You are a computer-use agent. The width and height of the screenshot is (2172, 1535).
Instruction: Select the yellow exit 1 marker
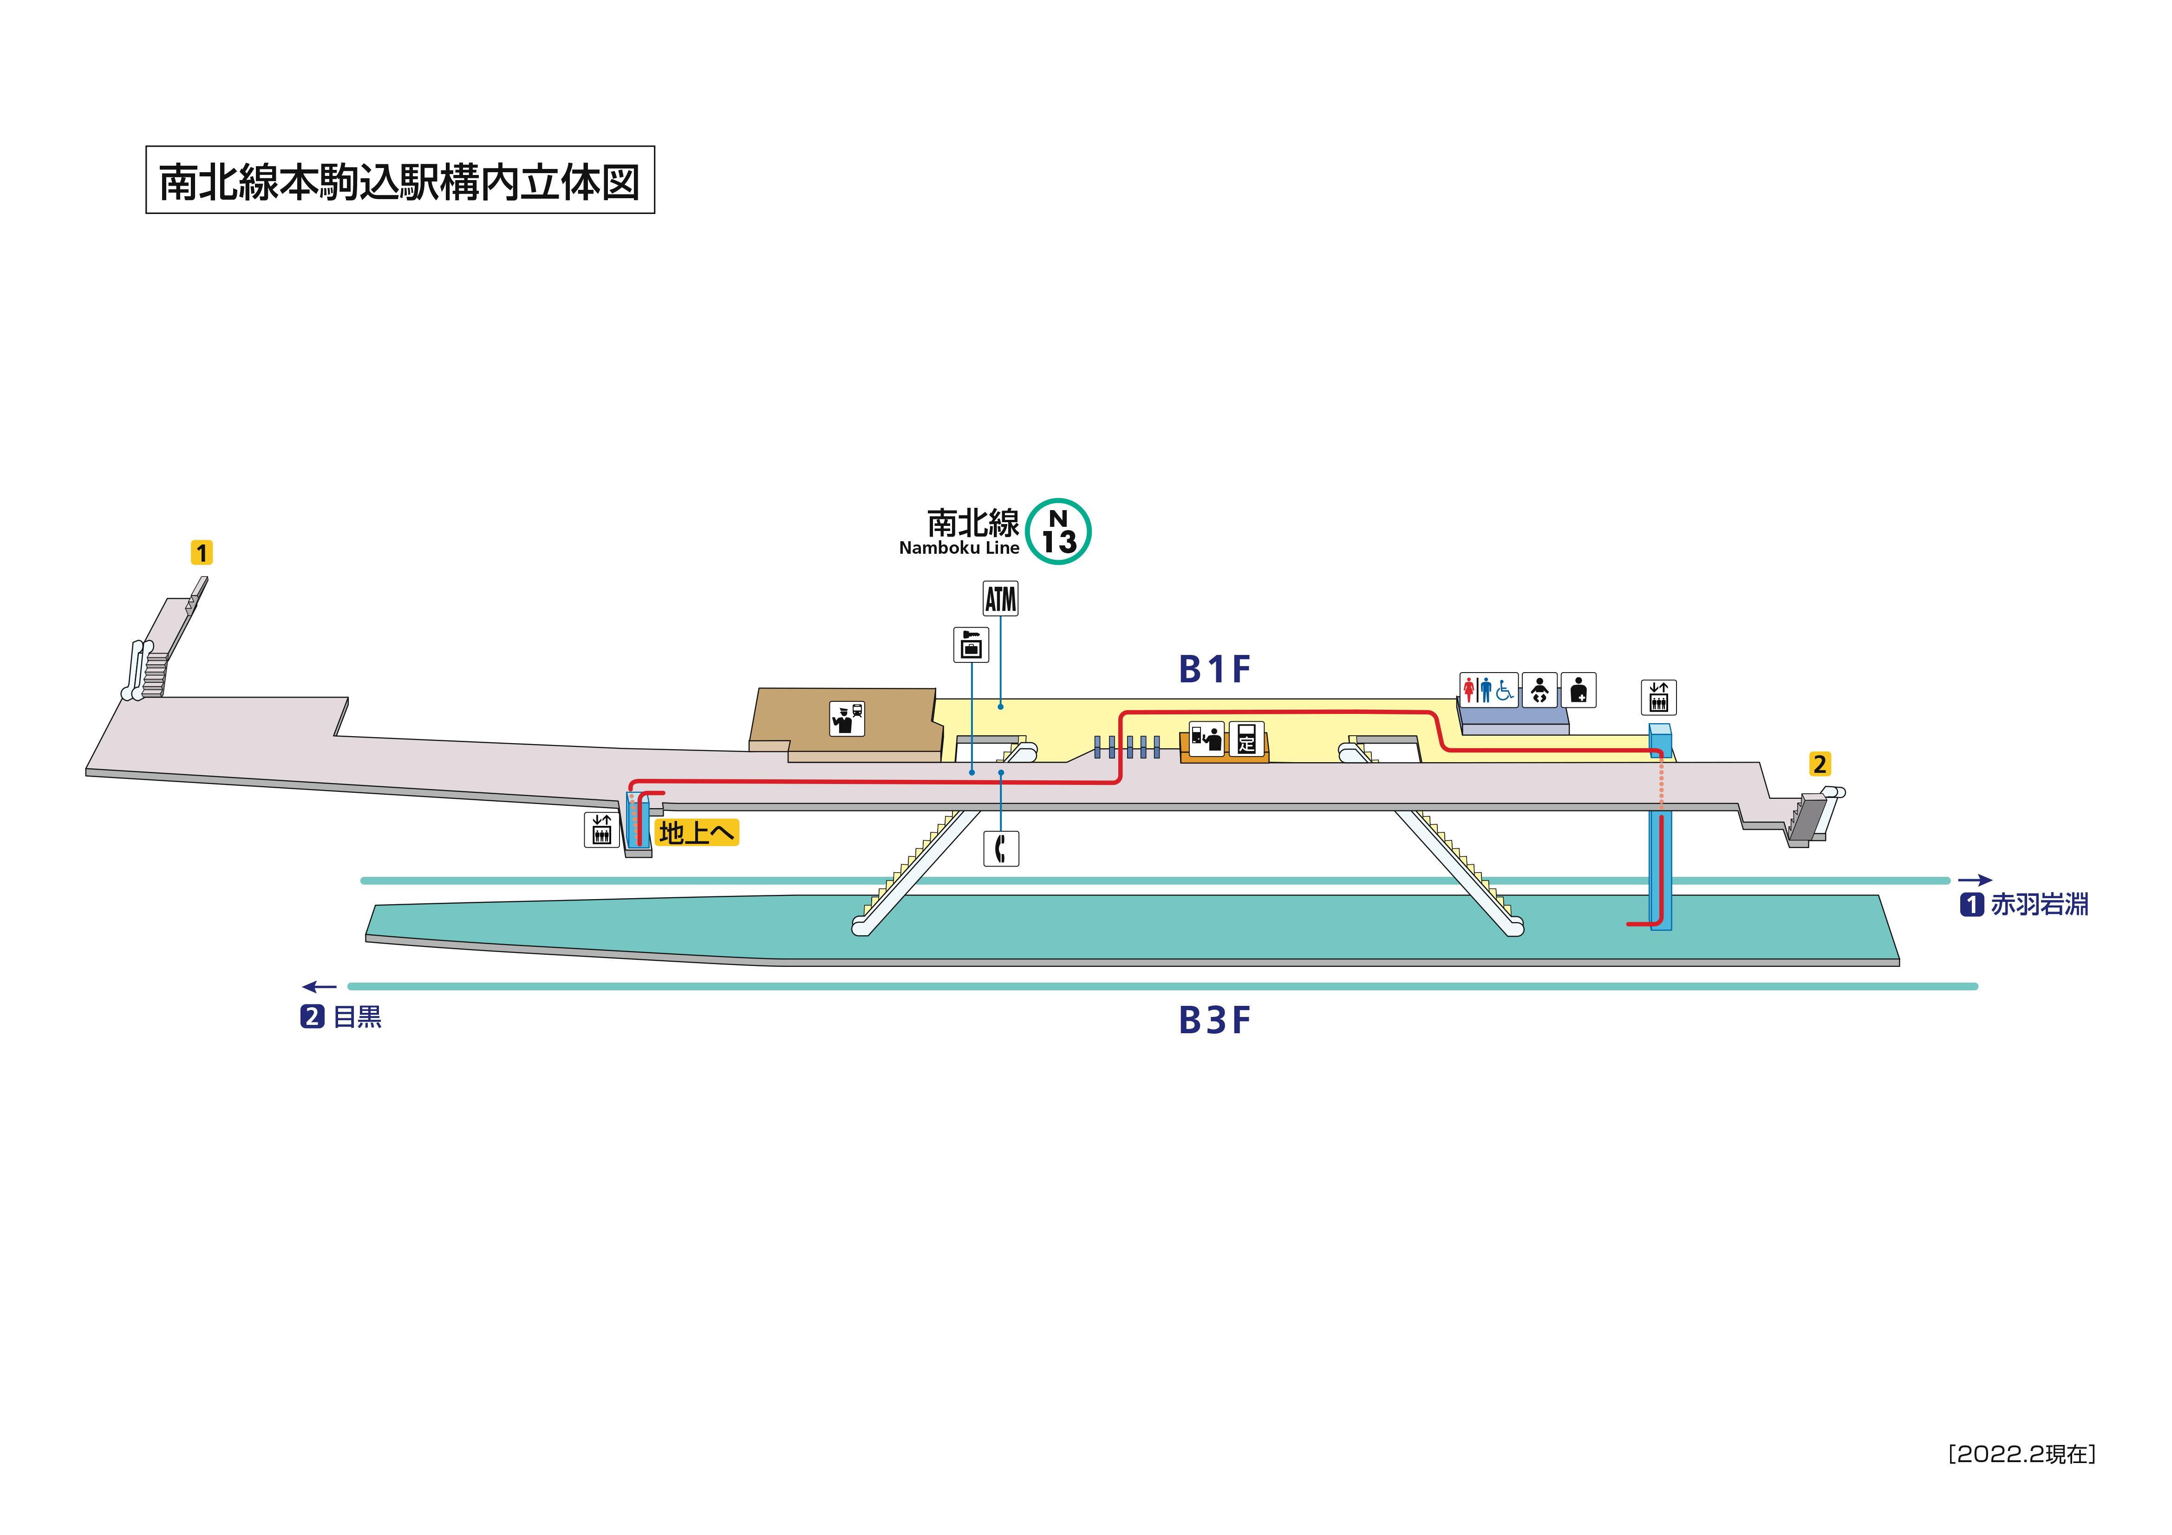click(x=202, y=552)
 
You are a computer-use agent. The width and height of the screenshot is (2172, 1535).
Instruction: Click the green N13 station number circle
click(x=1058, y=531)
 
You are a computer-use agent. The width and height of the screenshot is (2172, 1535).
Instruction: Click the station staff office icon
click(x=847, y=718)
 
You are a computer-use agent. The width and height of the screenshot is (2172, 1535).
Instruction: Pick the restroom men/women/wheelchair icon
click(x=1488, y=689)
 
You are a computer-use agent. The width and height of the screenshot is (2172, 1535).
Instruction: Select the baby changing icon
click(x=1539, y=689)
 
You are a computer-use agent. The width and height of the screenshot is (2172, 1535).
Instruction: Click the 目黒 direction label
click(x=357, y=1017)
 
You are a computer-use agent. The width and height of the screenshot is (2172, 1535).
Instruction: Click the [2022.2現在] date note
click(x=2022, y=1454)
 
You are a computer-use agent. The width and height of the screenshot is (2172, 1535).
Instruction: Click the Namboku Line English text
click(x=959, y=548)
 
